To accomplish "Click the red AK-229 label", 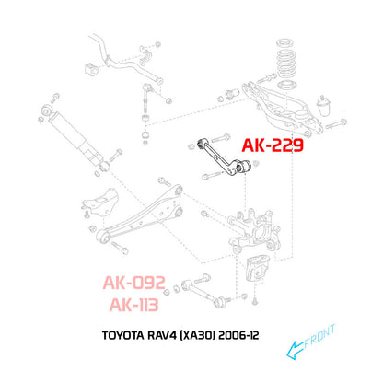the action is (273, 145).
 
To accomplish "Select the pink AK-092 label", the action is (134, 283).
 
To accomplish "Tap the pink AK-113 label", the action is (134, 305).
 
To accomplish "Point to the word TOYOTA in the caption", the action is (122, 335).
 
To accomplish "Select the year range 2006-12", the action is (238, 335).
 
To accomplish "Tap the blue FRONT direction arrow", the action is (296, 350).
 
